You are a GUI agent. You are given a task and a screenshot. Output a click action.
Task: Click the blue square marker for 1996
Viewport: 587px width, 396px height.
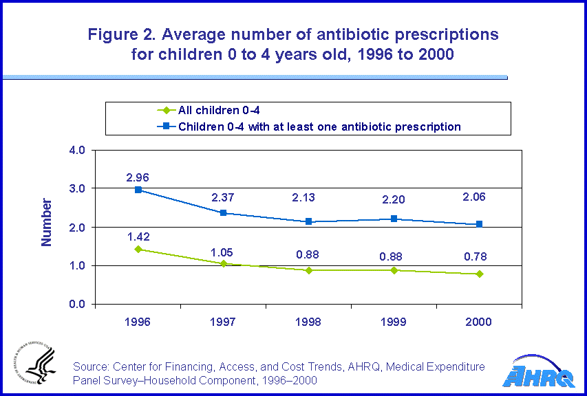[138, 190]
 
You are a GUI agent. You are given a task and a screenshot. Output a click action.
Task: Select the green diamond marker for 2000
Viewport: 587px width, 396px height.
[478, 274]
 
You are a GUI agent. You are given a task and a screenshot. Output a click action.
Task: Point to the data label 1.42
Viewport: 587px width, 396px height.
[138, 236]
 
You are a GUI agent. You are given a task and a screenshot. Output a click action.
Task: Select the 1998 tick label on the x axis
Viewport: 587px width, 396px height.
[308, 322]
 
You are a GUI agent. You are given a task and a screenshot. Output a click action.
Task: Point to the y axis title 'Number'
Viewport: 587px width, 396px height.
[47, 222]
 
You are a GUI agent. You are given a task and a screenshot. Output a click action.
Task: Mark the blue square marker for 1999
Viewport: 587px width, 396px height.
[394, 219]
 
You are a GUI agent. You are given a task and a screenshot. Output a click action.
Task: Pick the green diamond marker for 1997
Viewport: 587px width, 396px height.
[223, 263]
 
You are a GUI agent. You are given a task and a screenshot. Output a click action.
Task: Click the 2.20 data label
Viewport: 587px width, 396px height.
[394, 203]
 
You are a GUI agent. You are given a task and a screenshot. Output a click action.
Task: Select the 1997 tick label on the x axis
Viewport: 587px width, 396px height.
[223, 322]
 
